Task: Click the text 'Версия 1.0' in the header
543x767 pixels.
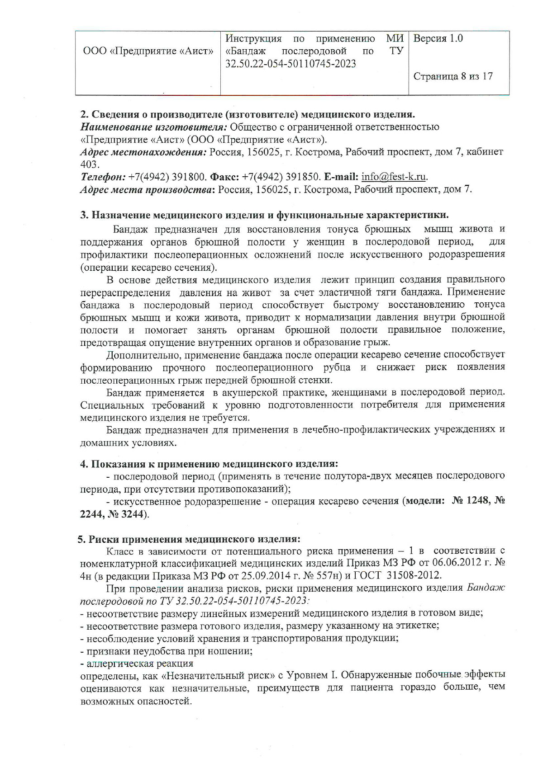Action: (438, 38)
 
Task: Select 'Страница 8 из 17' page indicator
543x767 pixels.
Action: (453, 76)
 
